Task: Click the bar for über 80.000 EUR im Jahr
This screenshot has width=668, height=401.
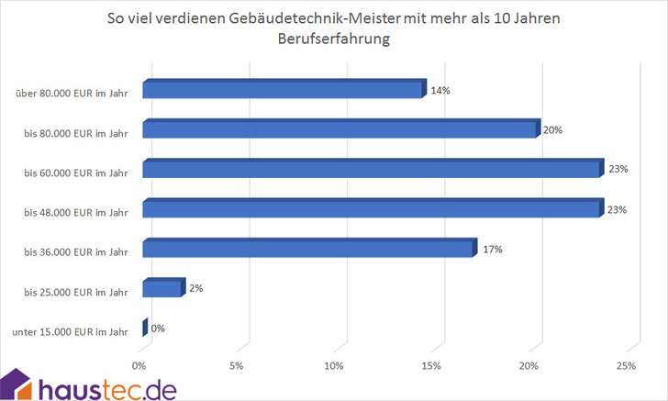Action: tap(283, 90)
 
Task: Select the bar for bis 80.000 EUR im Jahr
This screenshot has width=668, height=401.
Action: tap(340, 129)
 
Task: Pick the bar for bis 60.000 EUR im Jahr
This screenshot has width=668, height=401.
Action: tap(371, 170)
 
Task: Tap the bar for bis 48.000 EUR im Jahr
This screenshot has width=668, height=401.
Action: tap(371, 209)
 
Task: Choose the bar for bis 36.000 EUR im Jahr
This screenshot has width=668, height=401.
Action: tap(309, 249)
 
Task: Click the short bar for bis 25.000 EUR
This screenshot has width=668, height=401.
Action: tap(163, 289)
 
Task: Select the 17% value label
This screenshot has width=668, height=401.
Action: tap(493, 249)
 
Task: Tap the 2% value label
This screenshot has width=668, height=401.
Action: tap(195, 288)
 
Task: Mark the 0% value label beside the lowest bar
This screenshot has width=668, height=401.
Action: tap(158, 328)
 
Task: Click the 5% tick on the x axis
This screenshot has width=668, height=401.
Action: tap(237, 367)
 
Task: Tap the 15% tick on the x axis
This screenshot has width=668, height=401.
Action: tap(431, 367)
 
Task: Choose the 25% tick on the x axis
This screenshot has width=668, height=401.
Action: tap(627, 367)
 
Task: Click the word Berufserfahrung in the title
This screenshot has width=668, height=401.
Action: tap(333, 39)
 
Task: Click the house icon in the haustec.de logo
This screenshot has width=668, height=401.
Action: tap(18, 385)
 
